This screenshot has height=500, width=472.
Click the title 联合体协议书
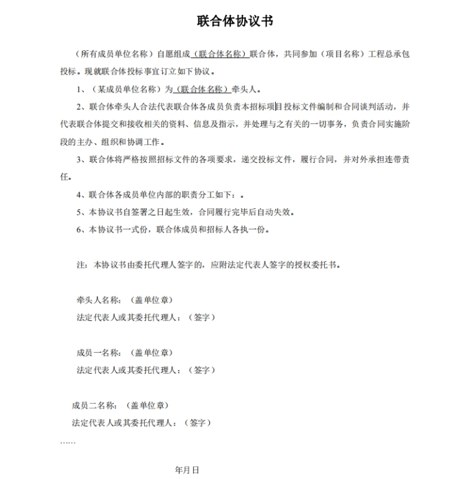click(x=235, y=21)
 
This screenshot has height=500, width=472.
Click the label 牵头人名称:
click(x=99, y=300)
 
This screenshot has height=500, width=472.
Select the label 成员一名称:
click(x=99, y=353)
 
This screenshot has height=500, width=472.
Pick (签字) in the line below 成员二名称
click(x=197, y=423)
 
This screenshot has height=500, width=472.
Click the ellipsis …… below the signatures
click(x=68, y=441)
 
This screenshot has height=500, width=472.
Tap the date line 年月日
click(x=187, y=470)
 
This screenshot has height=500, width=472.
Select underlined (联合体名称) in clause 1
click(x=200, y=89)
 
